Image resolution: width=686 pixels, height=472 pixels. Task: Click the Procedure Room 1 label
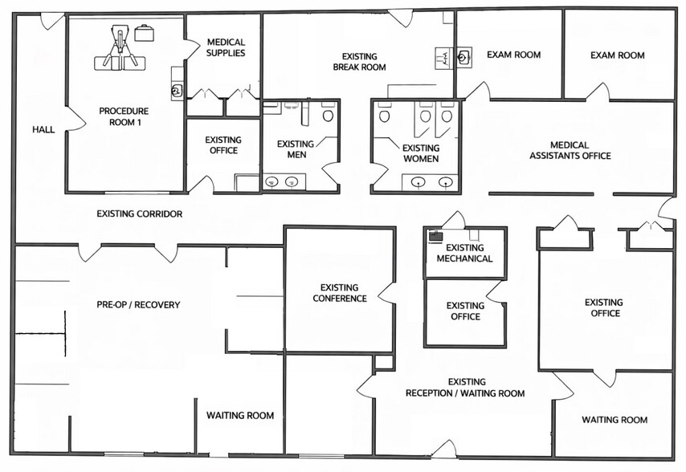coord(124,116)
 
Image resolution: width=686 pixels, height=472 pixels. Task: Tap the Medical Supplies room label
coord(226,47)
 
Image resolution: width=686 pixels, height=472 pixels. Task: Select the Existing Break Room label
coord(359,62)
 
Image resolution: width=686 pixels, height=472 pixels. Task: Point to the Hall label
coord(43,129)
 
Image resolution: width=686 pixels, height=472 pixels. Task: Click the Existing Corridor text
coord(140,214)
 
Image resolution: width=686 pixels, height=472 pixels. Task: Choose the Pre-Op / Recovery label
coord(138,304)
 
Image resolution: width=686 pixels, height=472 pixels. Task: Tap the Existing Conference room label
coord(340,293)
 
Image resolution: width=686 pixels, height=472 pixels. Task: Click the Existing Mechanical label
coord(464,253)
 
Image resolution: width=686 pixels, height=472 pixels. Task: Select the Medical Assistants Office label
coord(570,150)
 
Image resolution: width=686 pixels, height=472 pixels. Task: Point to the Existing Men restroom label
coord(296,149)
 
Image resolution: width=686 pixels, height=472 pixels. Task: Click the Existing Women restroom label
coord(421,153)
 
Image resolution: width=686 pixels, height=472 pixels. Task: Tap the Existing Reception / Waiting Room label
coord(465,388)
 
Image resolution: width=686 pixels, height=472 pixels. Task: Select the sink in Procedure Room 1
coord(176,92)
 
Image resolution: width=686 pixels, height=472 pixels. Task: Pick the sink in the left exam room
coord(463,57)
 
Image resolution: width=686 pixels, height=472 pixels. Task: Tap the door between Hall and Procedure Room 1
coord(76,119)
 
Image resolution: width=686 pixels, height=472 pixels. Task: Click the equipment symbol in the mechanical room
coord(435,237)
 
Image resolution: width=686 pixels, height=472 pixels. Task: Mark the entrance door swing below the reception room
coord(444,450)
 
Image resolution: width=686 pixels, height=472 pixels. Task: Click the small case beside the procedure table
coord(144,33)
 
